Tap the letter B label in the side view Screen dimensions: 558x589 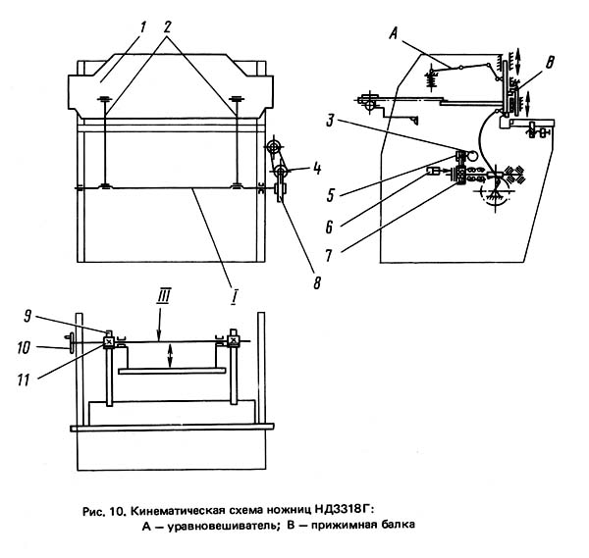pos(549,63)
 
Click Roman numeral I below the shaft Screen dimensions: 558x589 pos(234,295)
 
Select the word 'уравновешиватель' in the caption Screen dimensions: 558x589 pos(218,525)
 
